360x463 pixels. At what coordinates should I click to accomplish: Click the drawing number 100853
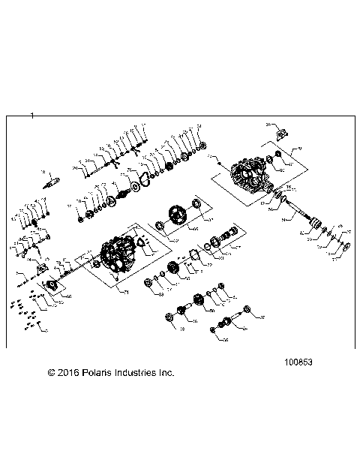point(298,360)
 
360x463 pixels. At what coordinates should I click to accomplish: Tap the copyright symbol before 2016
point(51,372)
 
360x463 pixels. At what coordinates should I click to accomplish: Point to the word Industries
point(140,372)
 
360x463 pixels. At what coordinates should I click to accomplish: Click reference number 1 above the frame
point(33,115)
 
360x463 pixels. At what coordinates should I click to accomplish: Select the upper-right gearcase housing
point(251,176)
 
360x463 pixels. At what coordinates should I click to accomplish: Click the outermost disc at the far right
point(344,248)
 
